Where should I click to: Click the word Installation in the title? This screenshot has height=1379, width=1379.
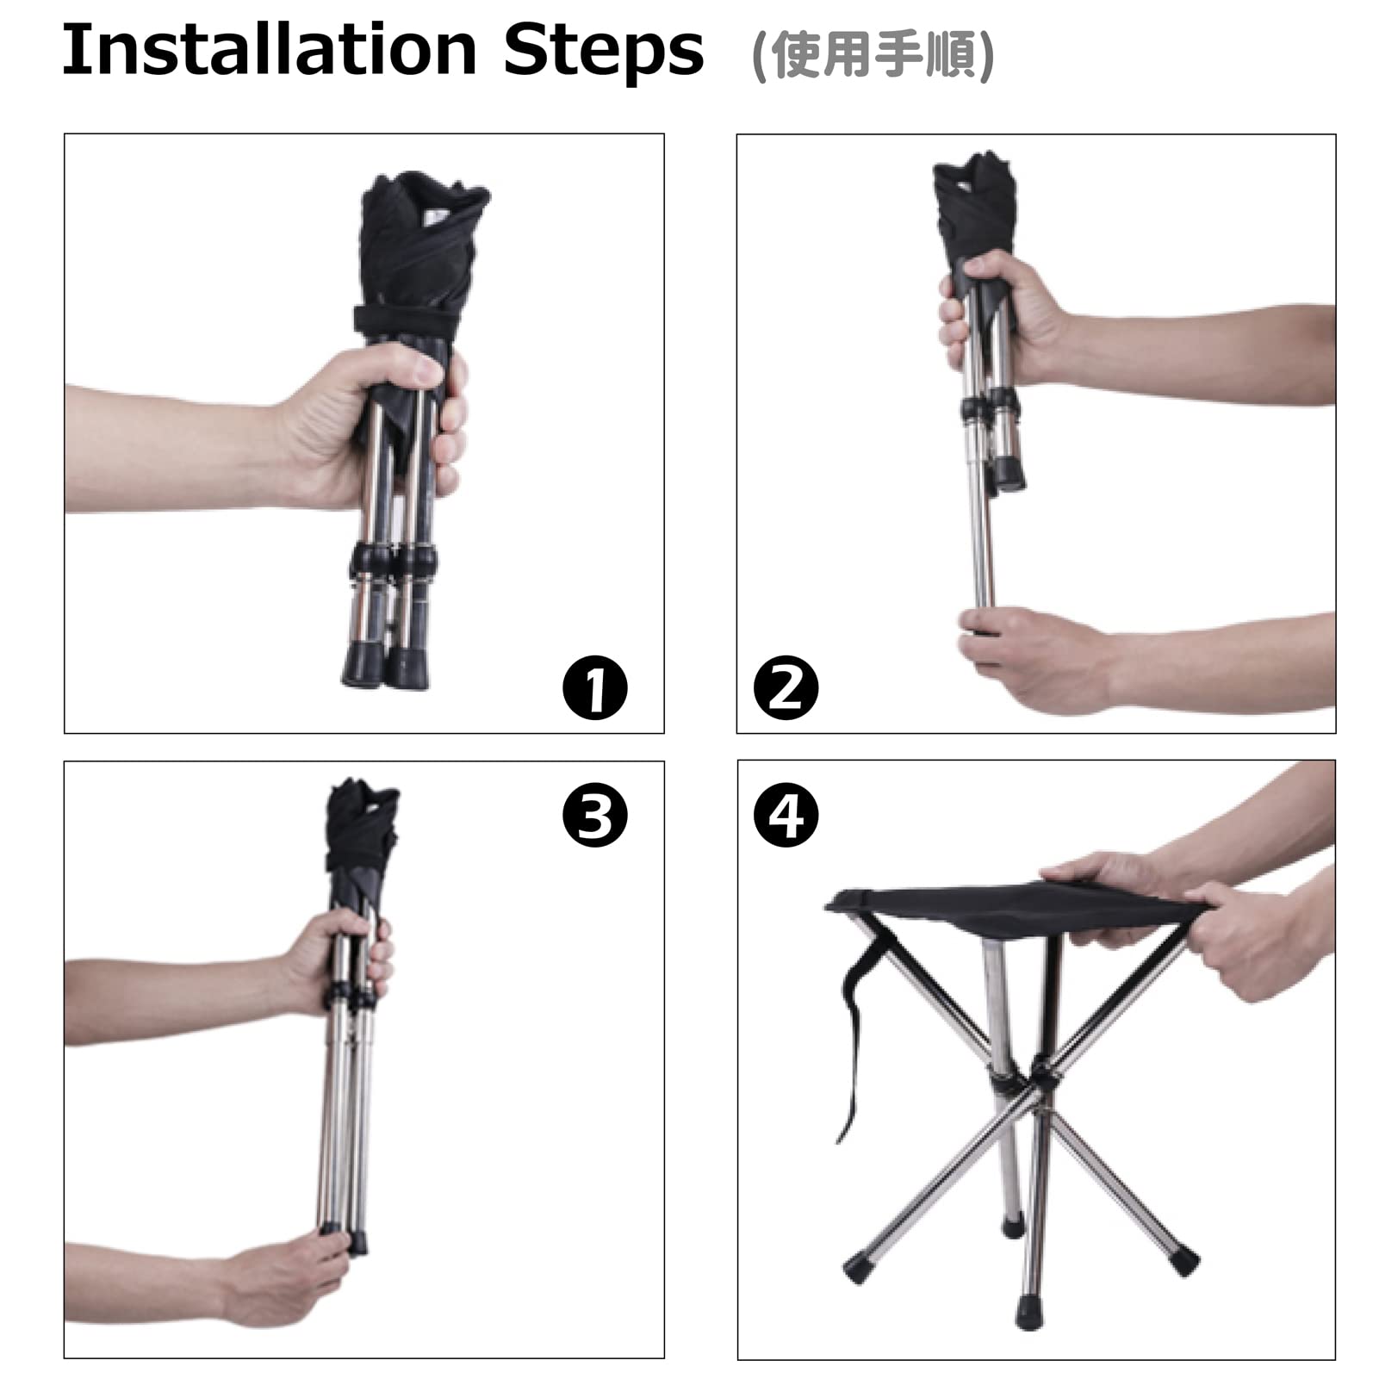pyautogui.click(x=270, y=50)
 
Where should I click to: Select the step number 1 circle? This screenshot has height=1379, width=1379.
pyautogui.click(x=595, y=687)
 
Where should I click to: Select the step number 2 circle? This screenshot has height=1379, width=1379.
pyautogui.click(x=786, y=687)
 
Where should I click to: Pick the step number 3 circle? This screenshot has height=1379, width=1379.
pyautogui.click(x=595, y=816)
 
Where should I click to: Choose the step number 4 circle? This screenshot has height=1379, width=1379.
pyautogui.click(x=786, y=816)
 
